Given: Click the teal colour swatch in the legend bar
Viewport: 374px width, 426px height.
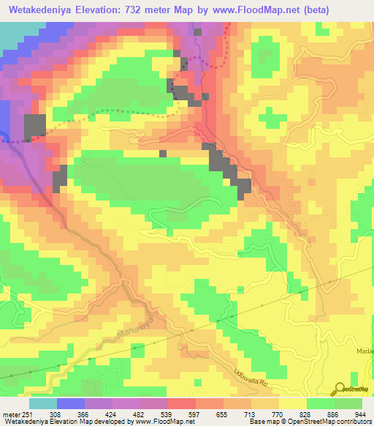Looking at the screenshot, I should [43, 403].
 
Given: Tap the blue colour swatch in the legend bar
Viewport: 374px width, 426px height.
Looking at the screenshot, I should [71, 403].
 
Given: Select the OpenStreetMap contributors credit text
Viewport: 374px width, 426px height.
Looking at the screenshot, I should [332, 421].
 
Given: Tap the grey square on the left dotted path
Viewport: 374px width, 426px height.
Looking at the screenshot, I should [34, 127].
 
